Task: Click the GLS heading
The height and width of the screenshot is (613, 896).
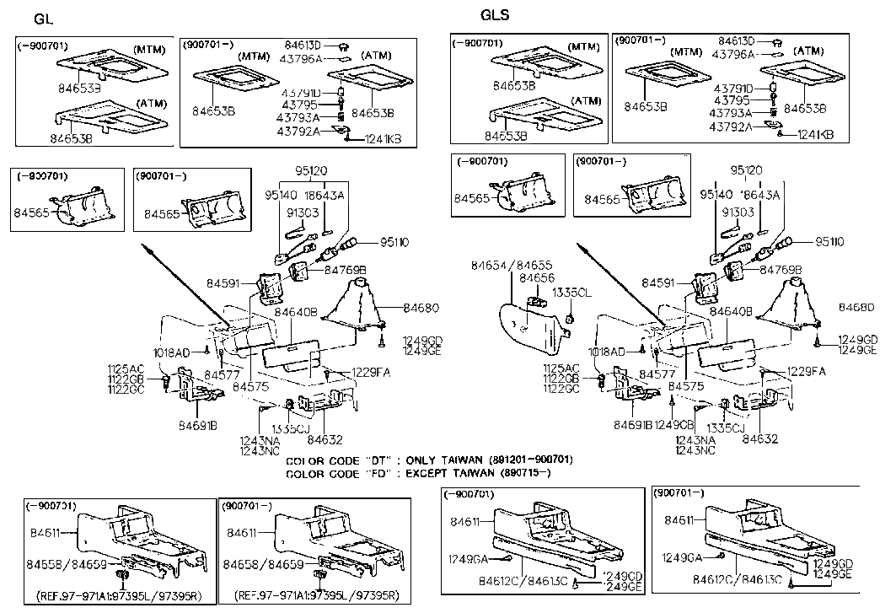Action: click(495, 15)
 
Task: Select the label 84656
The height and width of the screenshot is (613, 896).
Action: click(536, 277)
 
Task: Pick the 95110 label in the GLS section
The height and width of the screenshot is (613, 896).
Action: click(833, 242)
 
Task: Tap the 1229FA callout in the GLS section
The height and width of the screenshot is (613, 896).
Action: click(807, 371)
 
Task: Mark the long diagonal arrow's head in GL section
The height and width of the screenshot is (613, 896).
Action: click(148, 248)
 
